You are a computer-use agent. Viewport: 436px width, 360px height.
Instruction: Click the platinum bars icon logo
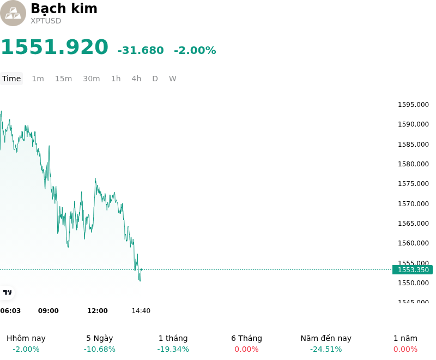click(x=13, y=13)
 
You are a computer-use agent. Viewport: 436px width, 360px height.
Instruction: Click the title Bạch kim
click(x=64, y=8)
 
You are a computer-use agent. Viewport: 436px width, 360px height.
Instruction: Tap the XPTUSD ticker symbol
click(x=46, y=21)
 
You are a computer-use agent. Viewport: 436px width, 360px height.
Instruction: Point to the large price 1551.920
click(x=55, y=47)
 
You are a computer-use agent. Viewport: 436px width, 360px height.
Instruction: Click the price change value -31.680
click(x=141, y=50)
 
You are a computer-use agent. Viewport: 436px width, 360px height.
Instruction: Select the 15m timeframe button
click(x=63, y=79)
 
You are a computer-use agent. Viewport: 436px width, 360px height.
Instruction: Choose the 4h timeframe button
click(x=136, y=79)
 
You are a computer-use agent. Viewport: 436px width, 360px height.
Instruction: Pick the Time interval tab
click(x=11, y=79)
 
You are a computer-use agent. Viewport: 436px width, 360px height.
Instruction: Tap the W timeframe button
click(x=172, y=79)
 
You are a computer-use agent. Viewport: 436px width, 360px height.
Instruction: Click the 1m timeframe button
click(x=38, y=79)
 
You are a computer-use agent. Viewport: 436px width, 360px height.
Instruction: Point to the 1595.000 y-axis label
click(x=413, y=105)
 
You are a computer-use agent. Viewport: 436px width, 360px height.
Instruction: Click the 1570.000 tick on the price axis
click(x=413, y=203)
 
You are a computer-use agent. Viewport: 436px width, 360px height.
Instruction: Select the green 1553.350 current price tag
click(x=413, y=269)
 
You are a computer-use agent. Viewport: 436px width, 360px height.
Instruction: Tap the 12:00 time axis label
click(x=98, y=311)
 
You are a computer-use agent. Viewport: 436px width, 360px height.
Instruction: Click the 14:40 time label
click(x=141, y=311)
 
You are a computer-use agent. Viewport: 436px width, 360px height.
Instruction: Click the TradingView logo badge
click(x=7, y=292)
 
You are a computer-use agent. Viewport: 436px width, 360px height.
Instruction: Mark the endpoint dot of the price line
click(x=142, y=269)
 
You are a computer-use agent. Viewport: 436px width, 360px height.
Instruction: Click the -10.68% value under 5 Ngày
click(x=100, y=349)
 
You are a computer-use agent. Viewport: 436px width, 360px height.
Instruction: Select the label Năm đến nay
click(x=326, y=338)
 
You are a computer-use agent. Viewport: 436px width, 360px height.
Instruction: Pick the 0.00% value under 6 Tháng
click(x=247, y=349)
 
